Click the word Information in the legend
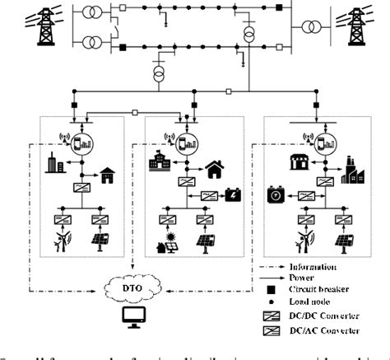click(x=313, y=267)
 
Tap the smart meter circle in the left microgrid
click(x=82, y=140)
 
